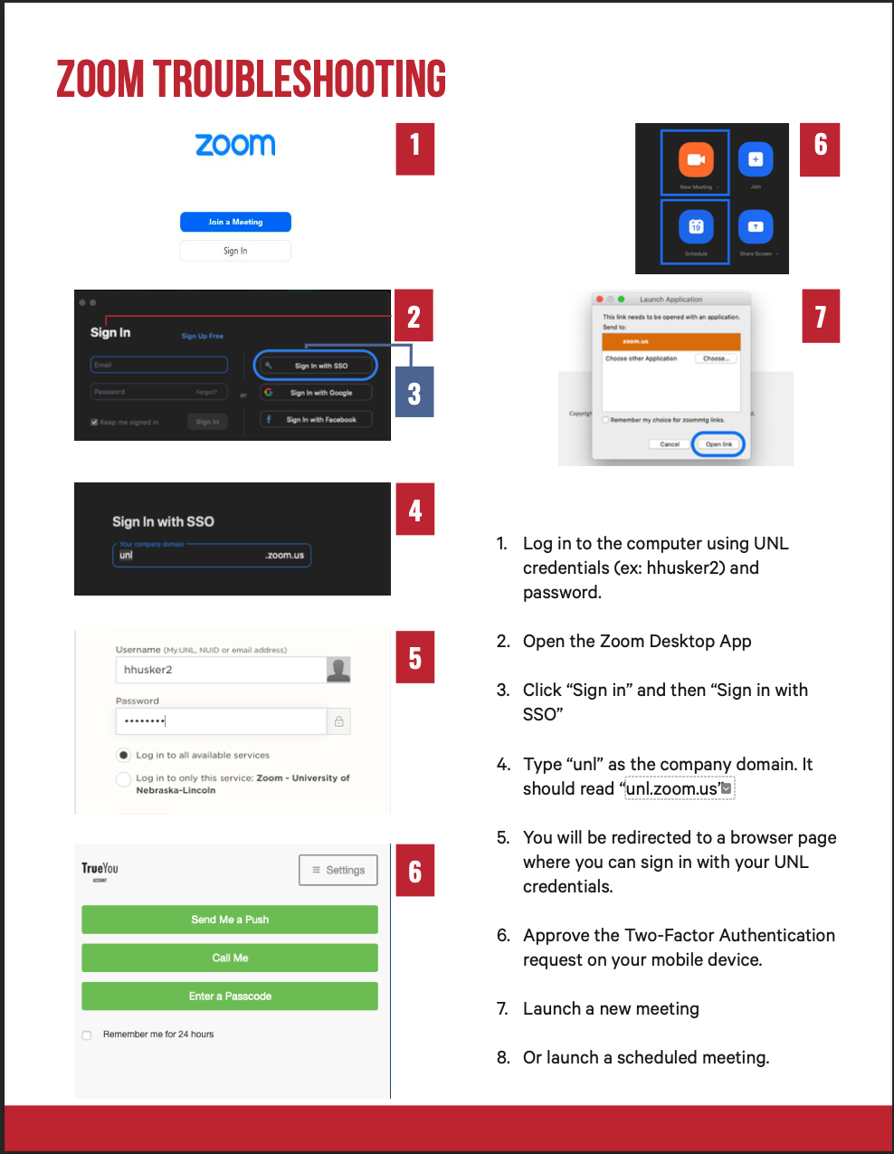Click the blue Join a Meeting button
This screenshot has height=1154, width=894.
pos(235,222)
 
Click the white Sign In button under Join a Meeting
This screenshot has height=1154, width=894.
pos(235,251)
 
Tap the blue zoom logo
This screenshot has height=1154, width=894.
pos(235,145)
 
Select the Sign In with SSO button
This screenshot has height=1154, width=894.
pos(316,366)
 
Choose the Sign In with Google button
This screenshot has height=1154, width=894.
pos(317,393)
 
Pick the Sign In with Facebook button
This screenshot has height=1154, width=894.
pos(317,420)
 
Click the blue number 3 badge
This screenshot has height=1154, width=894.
pos(414,393)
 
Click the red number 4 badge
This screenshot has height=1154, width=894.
pos(415,510)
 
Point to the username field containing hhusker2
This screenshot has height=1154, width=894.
pos(221,670)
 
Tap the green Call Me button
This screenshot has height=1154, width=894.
pos(230,958)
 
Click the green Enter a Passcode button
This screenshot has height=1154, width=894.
pos(230,997)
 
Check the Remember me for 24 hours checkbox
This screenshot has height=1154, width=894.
pos(87,1035)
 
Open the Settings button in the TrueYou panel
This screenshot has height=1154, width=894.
pos(338,870)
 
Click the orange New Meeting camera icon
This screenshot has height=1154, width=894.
pos(696,160)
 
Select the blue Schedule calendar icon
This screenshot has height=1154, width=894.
pos(696,226)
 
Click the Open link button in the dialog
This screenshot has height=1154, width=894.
pos(718,444)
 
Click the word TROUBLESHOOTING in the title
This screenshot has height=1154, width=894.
pos(300,80)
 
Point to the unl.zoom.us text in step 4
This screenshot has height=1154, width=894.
pos(673,789)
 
